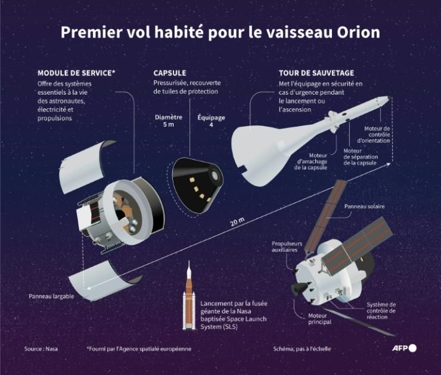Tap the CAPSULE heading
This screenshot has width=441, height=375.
click(x=170, y=73)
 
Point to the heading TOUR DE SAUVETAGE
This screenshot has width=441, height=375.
click(x=316, y=73)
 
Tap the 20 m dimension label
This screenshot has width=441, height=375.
click(x=237, y=223)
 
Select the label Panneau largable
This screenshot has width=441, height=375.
click(x=51, y=296)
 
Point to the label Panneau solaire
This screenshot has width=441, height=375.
click(x=364, y=207)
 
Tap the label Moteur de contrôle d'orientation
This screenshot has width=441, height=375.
click(x=377, y=135)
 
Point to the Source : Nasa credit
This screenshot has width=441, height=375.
click(x=41, y=349)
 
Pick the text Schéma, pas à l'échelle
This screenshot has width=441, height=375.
click(x=302, y=349)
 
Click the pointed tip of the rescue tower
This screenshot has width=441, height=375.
click(x=390, y=96)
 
